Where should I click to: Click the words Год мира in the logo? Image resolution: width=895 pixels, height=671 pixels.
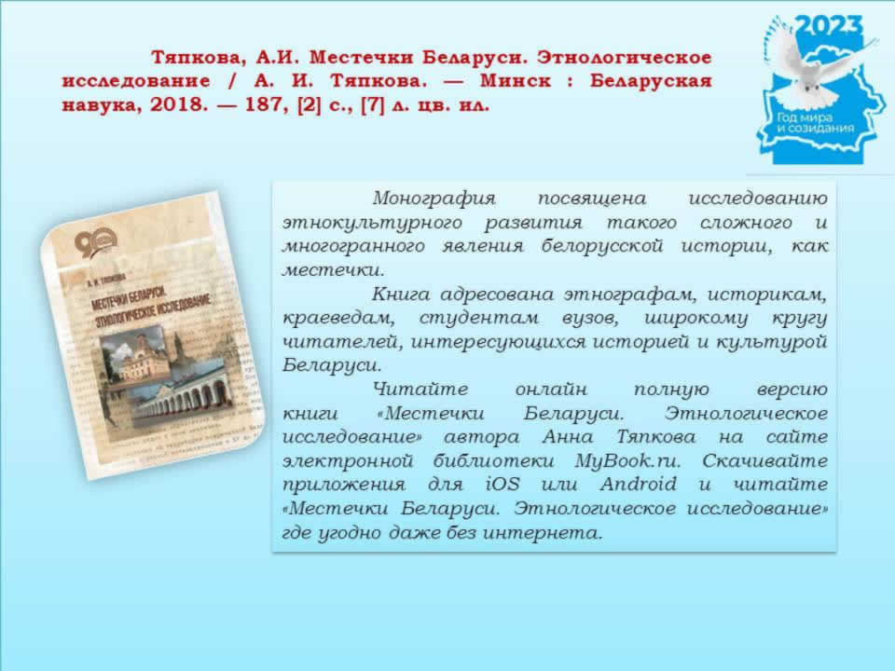point(805,117)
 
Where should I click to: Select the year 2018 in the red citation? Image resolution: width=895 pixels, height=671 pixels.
point(175,105)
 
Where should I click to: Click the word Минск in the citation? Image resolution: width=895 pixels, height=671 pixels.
point(516,81)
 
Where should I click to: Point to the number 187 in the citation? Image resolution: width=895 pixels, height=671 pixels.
point(263,105)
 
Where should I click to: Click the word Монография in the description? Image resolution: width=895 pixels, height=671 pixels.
point(434,199)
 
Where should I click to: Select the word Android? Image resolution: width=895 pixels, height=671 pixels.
point(638,484)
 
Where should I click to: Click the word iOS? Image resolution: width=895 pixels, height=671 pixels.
point(503,484)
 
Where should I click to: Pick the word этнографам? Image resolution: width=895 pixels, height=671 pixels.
point(629,294)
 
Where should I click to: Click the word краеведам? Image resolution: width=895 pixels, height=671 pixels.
point(337,318)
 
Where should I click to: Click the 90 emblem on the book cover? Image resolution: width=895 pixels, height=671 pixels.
point(95,241)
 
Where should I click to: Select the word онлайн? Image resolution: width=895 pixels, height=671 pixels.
point(551,390)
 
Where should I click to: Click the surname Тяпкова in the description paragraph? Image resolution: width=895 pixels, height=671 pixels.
point(655,437)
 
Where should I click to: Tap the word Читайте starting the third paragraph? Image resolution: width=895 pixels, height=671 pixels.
point(420,390)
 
